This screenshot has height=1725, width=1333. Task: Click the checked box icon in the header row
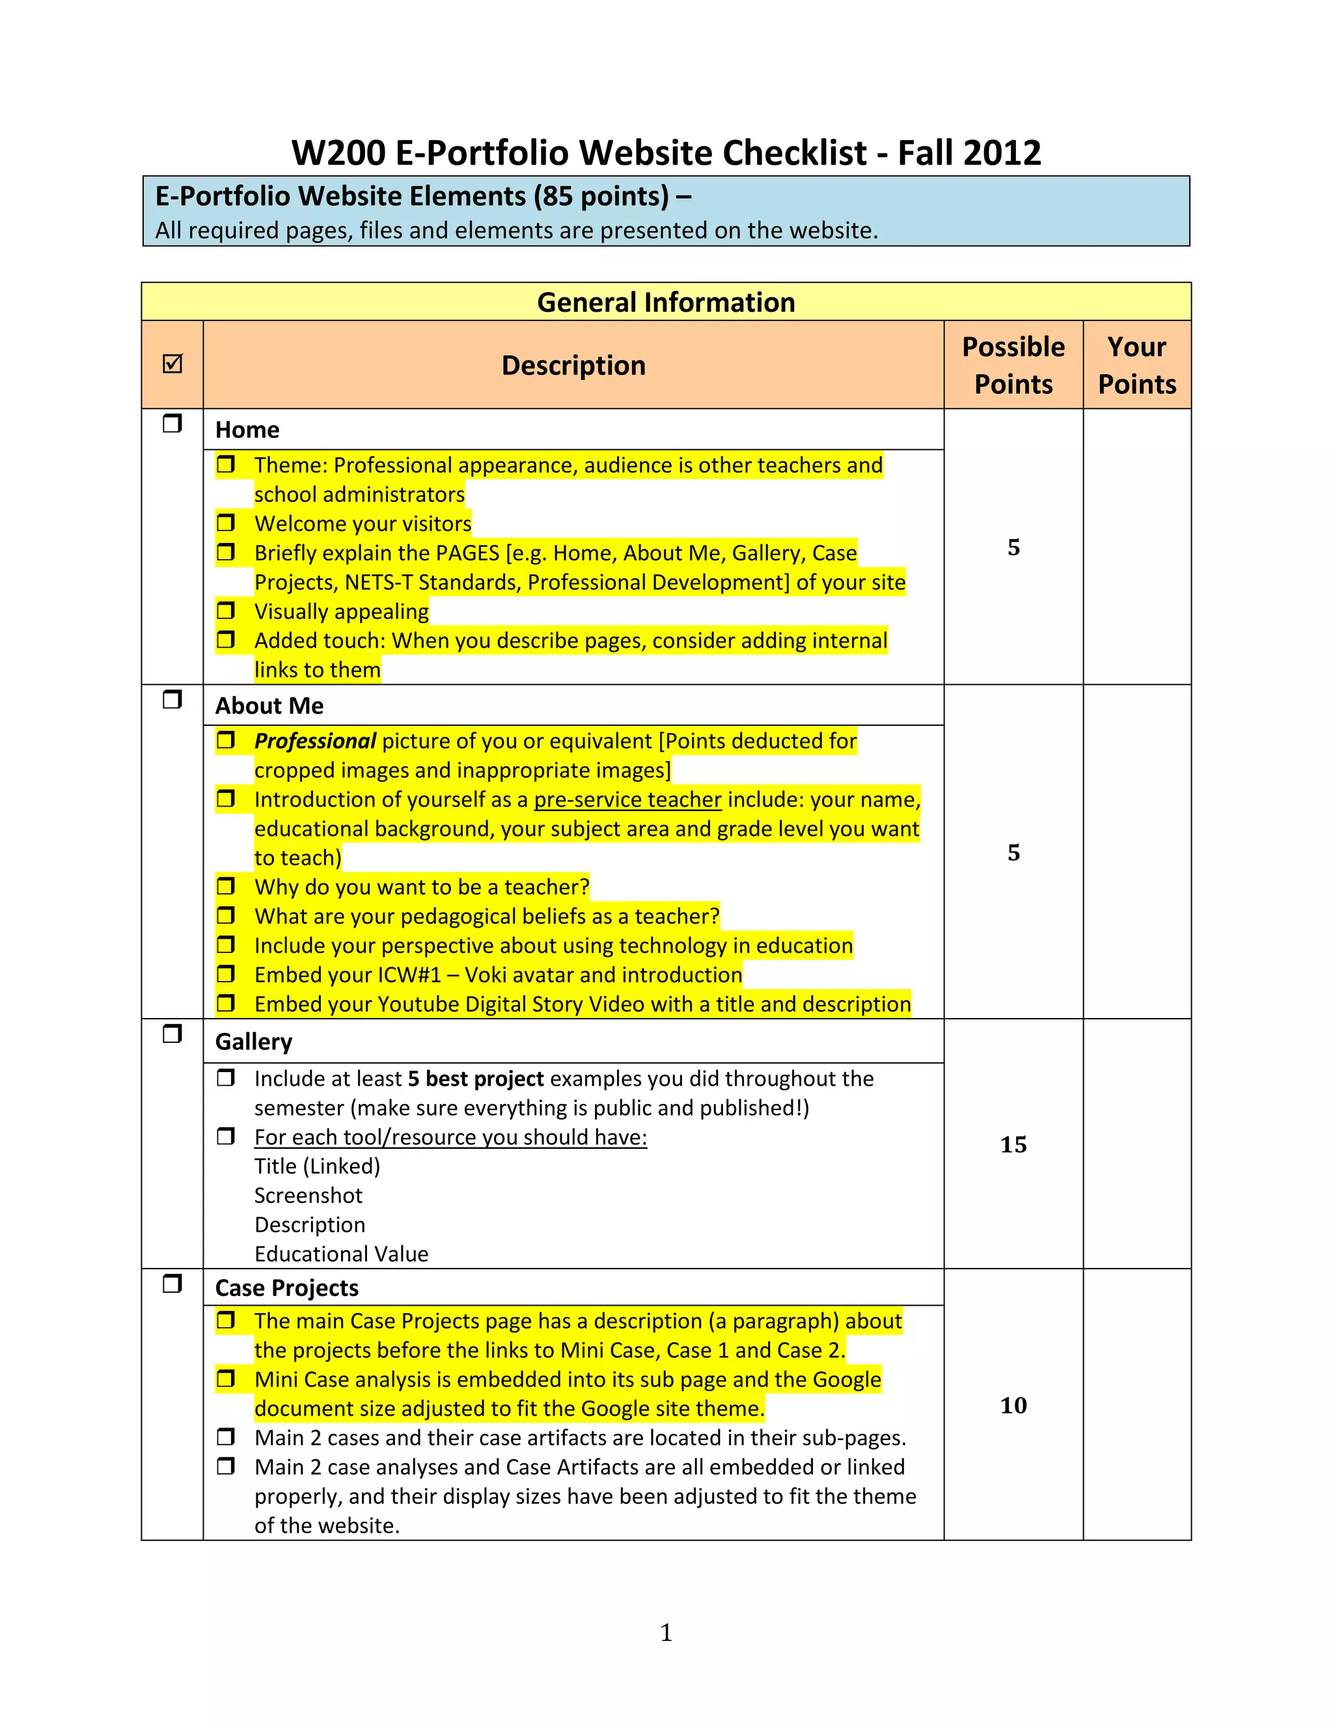click(x=172, y=364)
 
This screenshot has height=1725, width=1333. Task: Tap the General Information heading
click(x=666, y=303)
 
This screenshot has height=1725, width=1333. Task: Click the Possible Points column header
click(x=1013, y=365)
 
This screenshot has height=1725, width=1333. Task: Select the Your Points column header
click(x=1136, y=365)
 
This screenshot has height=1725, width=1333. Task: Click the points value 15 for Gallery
click(x=1013, y=1144)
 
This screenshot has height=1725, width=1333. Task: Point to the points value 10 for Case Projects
click(x=1013, y=1405)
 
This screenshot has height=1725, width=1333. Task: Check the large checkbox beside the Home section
click(x=172, y=424)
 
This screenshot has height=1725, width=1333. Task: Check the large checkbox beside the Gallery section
click(x=172, y=1034)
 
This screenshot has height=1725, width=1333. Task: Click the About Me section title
click(x=269, y=706)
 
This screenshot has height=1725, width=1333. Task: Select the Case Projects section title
click(x=286, y=1288)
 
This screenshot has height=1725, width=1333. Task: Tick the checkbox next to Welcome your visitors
click(x=226, y=523)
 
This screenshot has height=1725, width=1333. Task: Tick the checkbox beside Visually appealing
click(x=226, y=611)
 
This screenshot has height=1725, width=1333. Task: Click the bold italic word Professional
click(x=314, y=741)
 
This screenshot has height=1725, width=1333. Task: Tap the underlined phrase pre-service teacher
click(x=628, y=799)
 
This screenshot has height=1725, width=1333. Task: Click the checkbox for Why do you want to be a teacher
click(x=226, y=886)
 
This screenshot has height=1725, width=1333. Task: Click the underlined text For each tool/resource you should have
click(x=450, y=1137)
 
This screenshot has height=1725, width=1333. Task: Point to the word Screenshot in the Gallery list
click(x=308, y=1196)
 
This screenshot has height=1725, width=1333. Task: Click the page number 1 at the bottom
click(x=666, y=1633)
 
